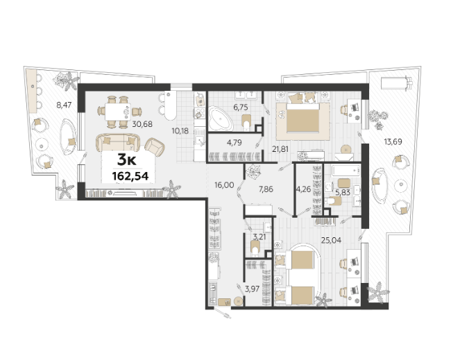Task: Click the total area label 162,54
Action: pos(130,176)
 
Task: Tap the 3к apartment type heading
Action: pos(126,160)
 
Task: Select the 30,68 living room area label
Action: pos(142,123)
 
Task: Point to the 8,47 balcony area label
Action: pos(64,105)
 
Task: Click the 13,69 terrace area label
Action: pos(393,142)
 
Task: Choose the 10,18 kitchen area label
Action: pos(180,130)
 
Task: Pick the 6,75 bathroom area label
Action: pos(241,107)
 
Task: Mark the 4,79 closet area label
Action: pos(235,143)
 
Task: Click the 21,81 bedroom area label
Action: pos(280,148)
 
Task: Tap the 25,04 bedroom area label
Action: pos(331,240)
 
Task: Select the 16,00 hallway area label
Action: pos(224,185)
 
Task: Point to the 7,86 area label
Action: pos(266,189)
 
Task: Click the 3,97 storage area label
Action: pos(252,289)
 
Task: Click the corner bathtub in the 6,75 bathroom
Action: pos(221,119)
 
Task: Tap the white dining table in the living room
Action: pos(117,111)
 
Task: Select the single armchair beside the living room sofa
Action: pos(155,148)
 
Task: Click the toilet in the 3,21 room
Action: pos(255,248)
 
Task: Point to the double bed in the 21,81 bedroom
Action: pos(302,117)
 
